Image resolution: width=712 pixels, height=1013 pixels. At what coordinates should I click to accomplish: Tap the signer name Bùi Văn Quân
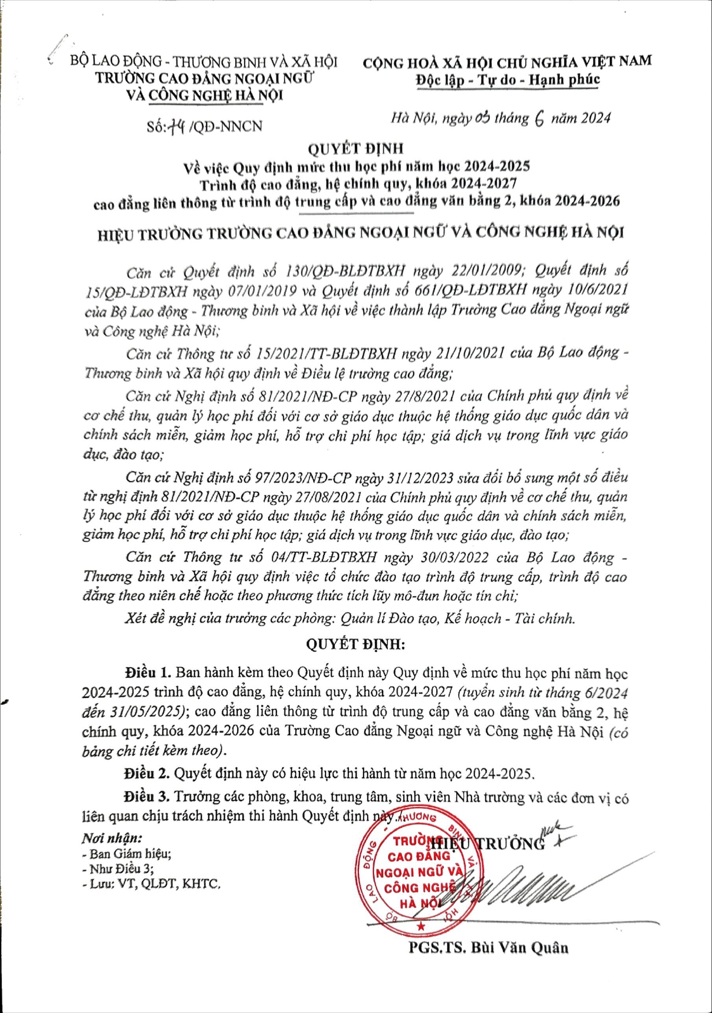click(489, 947)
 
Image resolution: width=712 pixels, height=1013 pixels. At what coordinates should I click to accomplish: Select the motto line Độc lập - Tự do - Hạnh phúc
click(507, 80)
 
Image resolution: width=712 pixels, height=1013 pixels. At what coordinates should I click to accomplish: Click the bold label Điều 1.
click(148, 672)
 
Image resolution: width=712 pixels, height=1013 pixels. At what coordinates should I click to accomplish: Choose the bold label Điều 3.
click(146, 797)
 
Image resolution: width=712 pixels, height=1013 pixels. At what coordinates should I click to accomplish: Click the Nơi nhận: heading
click(112, 838)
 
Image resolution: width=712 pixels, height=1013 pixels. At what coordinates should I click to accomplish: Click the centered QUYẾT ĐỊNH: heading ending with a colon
click(355, 644)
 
